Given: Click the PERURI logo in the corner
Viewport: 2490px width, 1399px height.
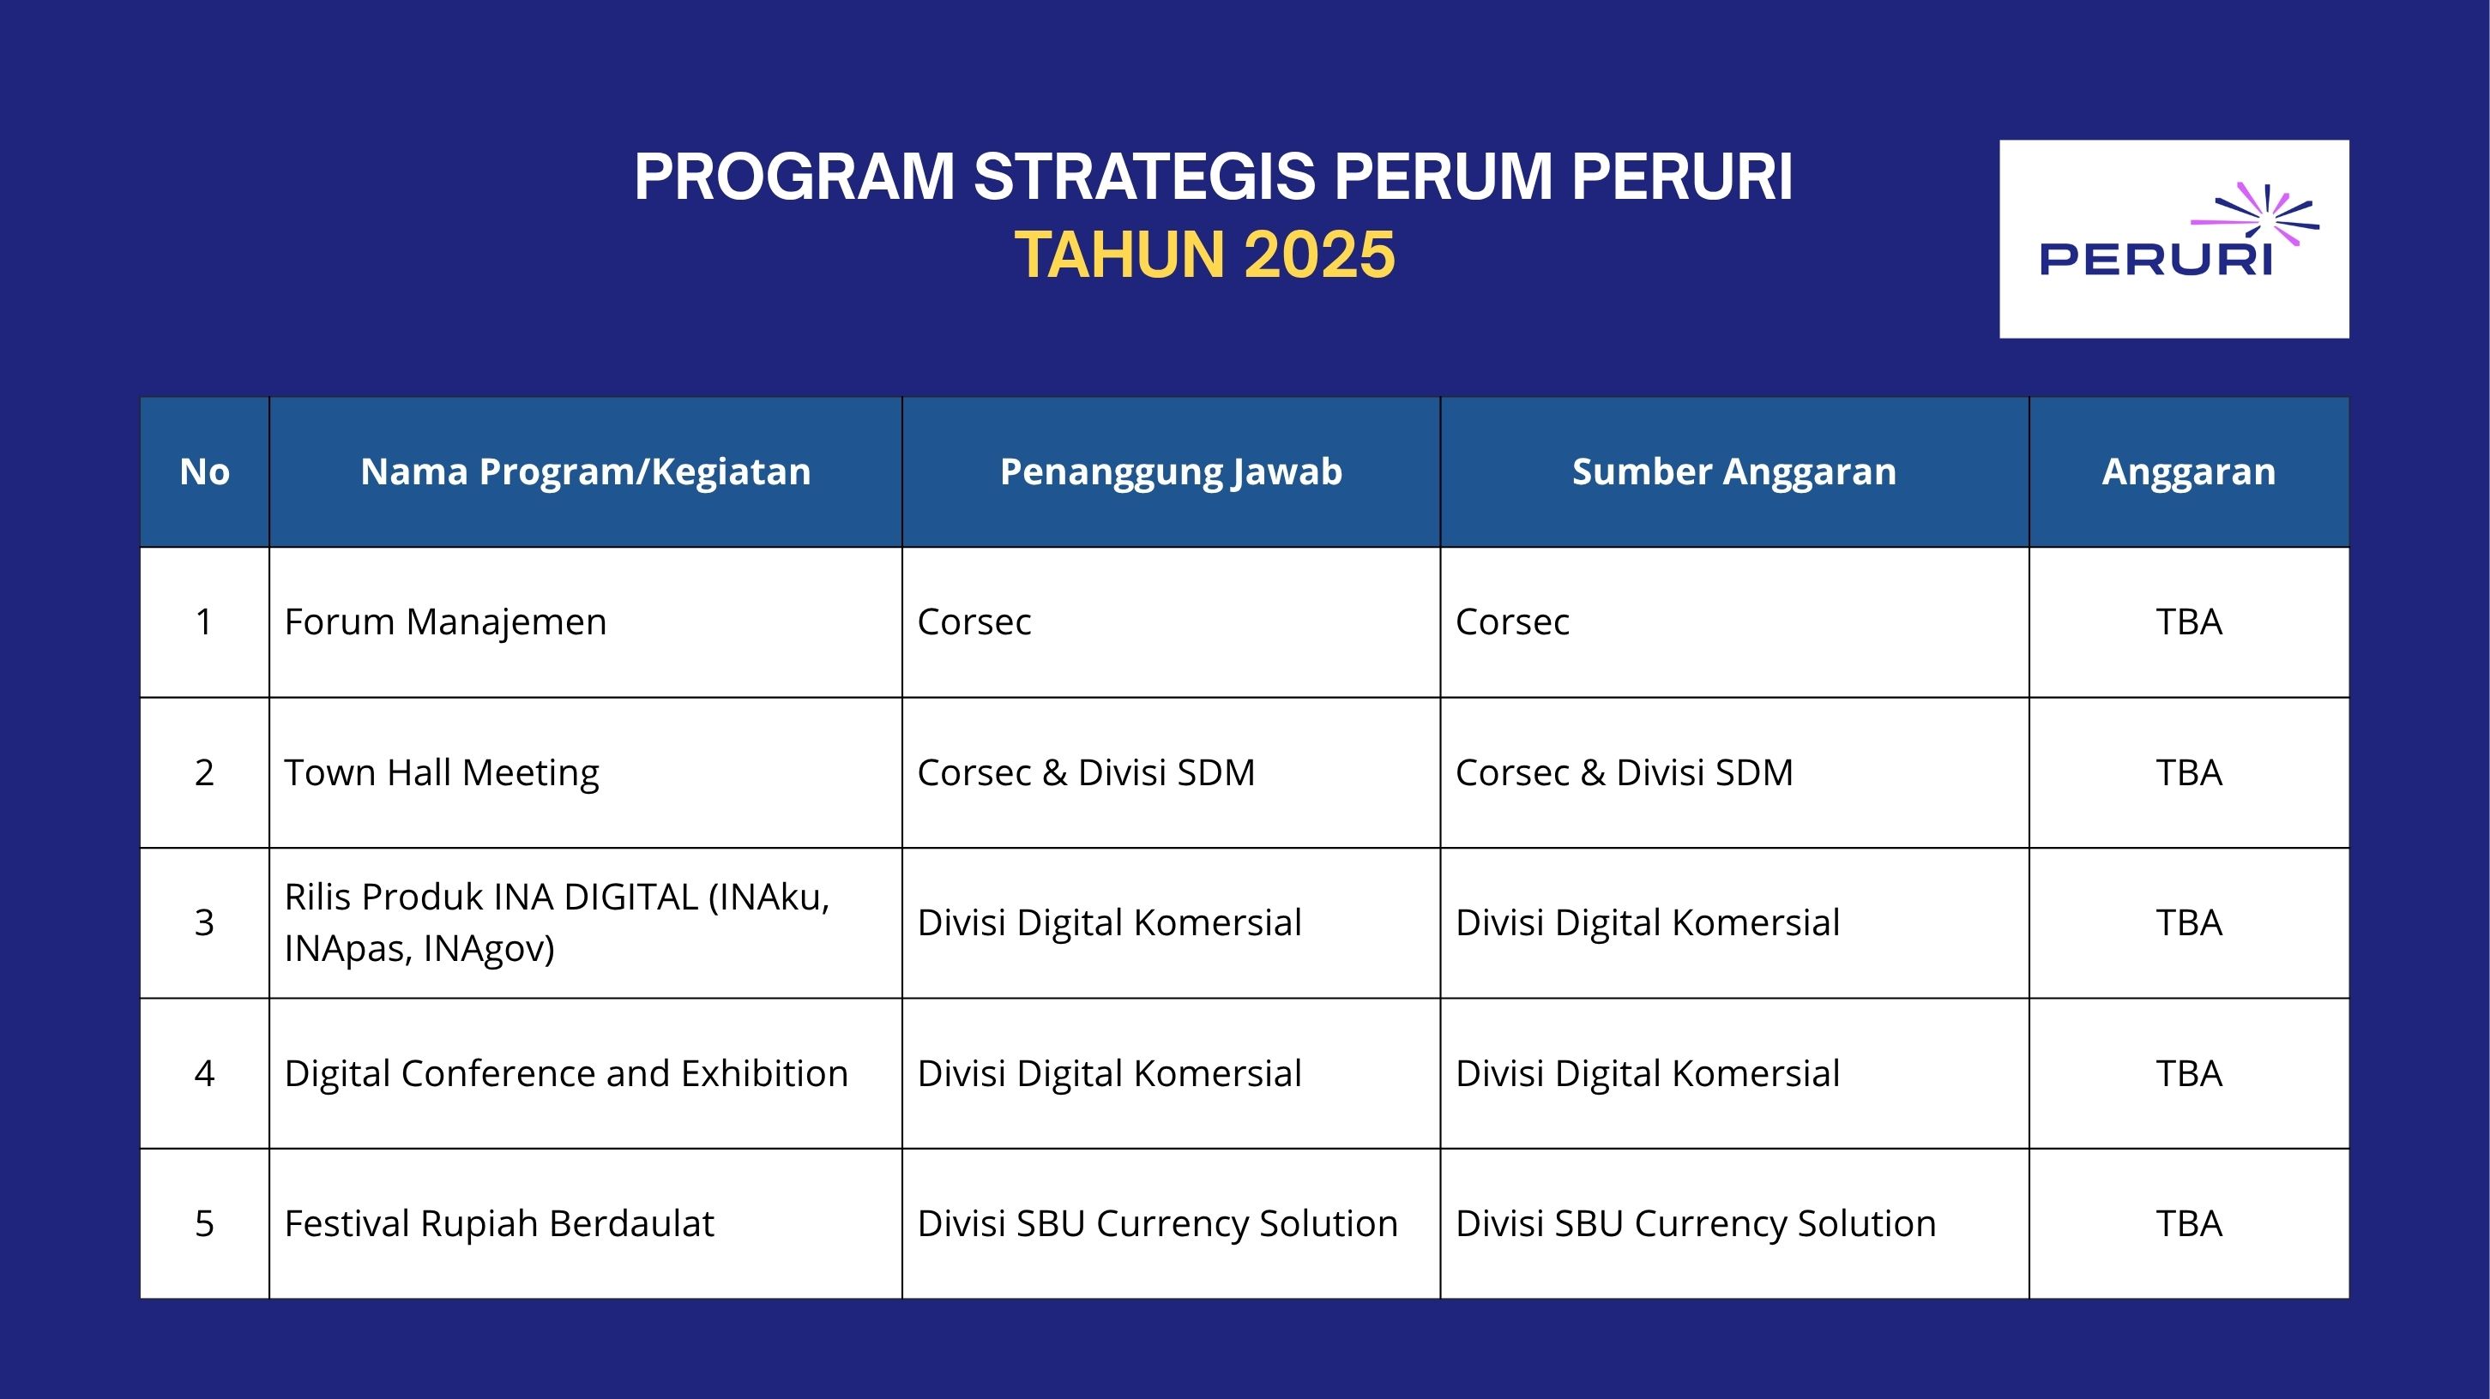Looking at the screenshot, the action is click(2173, 238).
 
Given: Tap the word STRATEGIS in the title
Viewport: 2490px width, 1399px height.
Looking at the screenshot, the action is click(1144, 177).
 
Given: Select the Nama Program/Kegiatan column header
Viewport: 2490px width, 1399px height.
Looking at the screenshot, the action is click(586, 471).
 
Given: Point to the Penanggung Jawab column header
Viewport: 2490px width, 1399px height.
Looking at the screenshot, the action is click(1171, 471).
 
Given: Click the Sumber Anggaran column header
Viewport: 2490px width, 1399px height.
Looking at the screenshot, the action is click(1734, 471).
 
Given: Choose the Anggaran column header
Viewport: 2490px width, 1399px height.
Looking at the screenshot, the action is click(2188, 471).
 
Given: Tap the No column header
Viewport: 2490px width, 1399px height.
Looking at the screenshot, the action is click(204, 471).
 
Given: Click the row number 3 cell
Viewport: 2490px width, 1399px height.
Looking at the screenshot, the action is click(204, 922).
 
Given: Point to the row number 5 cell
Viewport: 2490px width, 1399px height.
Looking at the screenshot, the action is click(204, 1223).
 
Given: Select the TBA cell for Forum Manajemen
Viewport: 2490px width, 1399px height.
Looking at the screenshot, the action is click(2188, 621).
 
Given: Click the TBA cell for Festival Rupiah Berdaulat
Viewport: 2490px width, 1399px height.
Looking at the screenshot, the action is click(2188, 1223).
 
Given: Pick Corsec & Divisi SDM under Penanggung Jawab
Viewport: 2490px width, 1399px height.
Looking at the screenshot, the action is click(1086, 772).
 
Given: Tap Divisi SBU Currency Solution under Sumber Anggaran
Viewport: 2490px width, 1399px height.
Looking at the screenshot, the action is click(1696, 1223).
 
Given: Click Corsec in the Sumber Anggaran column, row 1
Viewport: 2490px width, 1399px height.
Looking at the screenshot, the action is click(1512, 621).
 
